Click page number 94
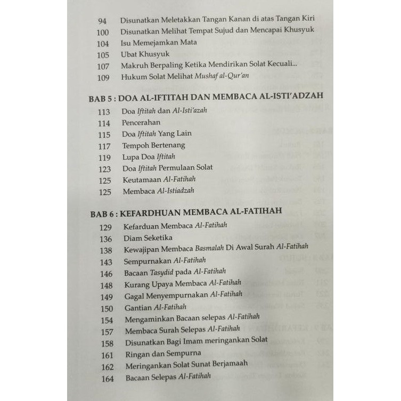[103, 21]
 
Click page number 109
[103, 77]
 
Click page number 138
[106, 249]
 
